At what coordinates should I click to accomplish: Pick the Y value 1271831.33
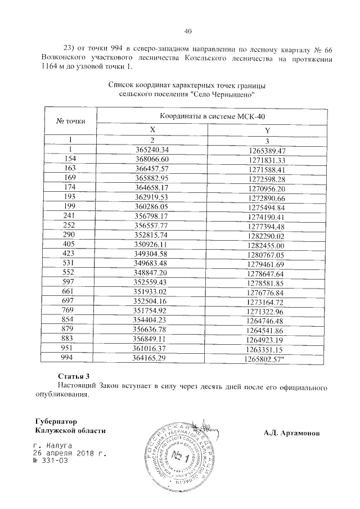click(x=267, y=160)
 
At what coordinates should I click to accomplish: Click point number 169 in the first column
click(x=71, y=178)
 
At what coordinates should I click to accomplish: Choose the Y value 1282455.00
click(x=267, y=246)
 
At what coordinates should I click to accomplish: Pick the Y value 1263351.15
click(x=267, y=349)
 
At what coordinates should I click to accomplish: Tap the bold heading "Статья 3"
click(x=74, y=376)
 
